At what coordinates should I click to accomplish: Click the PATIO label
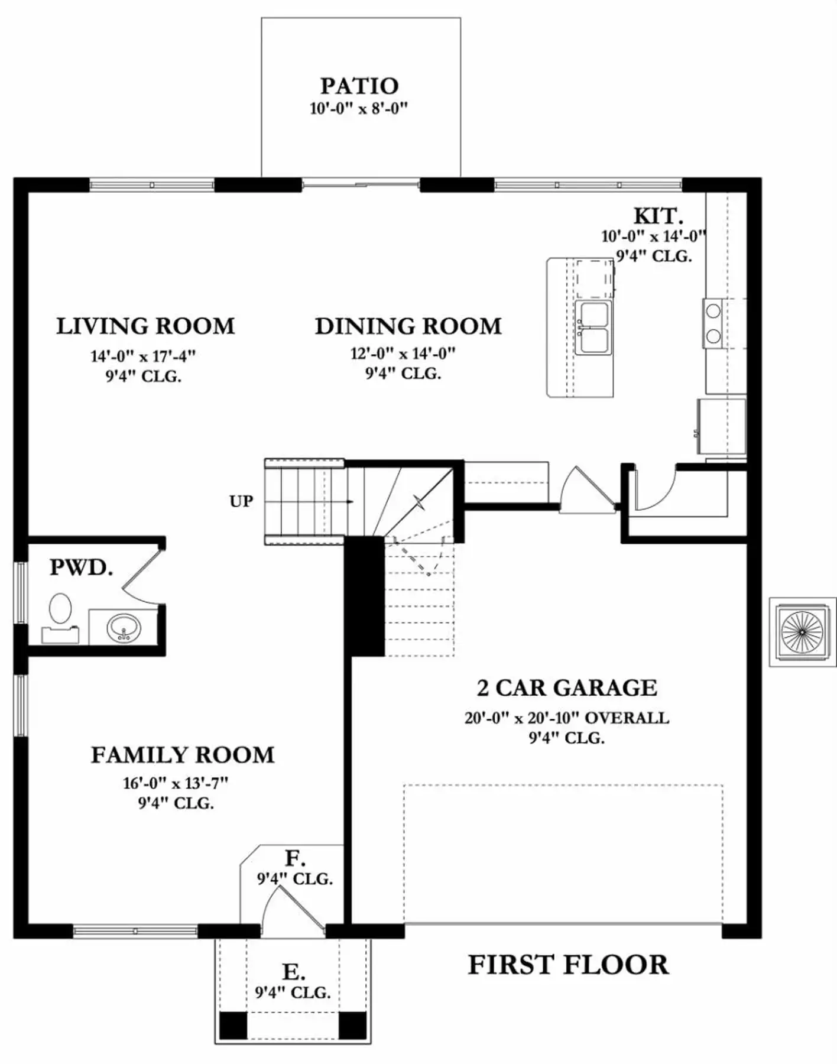pos(359,86)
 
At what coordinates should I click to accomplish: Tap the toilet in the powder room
pos(60,617)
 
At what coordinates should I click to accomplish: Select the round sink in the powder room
pos(124,627)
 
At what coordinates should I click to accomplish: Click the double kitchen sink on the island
pos(593,327)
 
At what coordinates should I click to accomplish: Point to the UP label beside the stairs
pos(241,501)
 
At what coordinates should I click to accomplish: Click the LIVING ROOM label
pos(145,326)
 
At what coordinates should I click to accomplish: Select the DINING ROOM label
pos(408,326)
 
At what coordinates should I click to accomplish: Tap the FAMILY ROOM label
pos(183,755)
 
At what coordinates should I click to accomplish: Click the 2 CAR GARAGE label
pos(567,687)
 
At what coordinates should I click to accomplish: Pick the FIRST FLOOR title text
pos(568,965)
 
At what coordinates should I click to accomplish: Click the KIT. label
pos(658,216)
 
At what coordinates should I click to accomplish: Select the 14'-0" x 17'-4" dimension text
pos(143,356)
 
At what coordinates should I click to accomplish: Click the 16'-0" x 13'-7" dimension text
pos(176,783)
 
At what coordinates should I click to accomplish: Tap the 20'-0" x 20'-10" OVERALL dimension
pos(567,718)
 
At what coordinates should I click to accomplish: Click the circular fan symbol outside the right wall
pos(802,631)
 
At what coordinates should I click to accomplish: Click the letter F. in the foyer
pos(295,858)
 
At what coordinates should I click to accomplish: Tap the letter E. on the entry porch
pos(294,972)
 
